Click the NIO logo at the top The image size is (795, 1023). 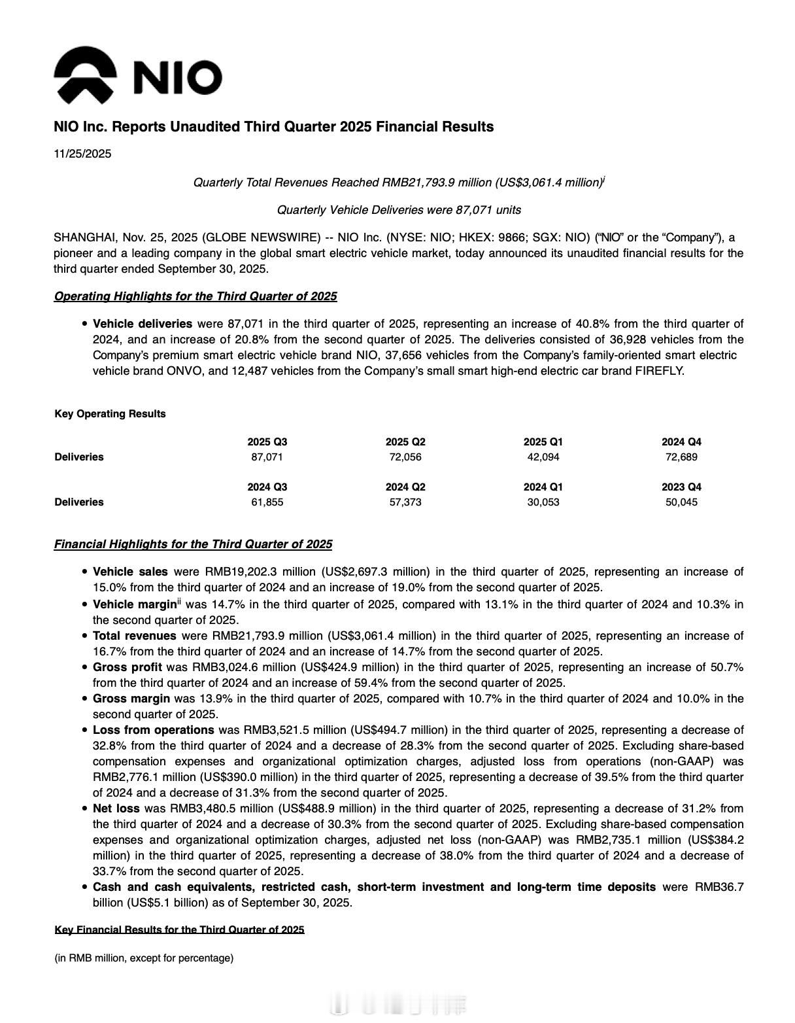(138, 75)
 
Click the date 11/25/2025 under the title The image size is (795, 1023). (82, 154)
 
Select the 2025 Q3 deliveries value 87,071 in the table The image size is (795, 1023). (267, 457)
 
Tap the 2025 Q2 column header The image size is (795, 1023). (405, 442)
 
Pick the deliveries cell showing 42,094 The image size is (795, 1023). (543, 457)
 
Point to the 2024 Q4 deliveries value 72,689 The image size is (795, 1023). (681, 457)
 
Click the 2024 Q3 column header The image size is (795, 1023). (267, 487)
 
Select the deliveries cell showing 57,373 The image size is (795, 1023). (405, 502)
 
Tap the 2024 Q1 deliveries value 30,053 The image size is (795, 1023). (543, 502)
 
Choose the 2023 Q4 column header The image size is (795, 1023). (681, 487)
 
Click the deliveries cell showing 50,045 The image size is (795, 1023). (681, 502)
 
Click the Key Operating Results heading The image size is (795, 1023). (110, 413)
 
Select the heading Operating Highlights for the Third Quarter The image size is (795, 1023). (195, 296)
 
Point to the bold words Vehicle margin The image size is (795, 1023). (134, 604)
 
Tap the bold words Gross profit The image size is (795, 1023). (127, 667)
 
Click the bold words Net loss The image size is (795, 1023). (116, 808)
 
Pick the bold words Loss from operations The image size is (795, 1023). (154, 730)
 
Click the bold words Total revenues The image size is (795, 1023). (134, 636)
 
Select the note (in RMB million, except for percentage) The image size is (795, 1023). (144, 958)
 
